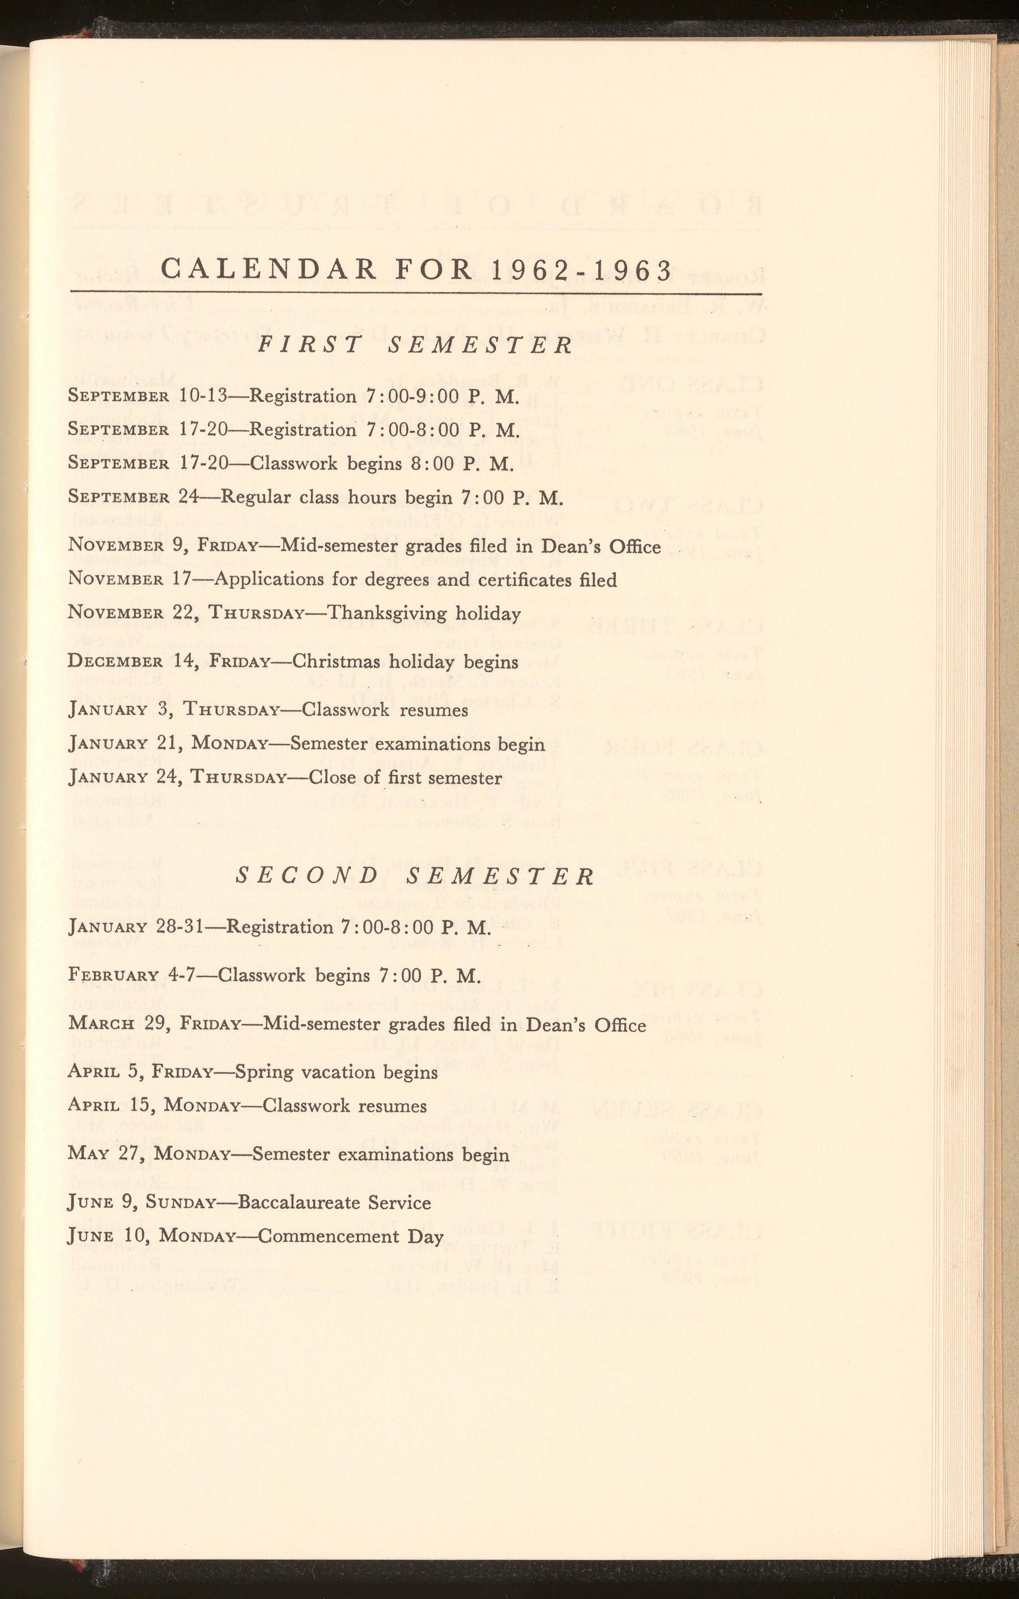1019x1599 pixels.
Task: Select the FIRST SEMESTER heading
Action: pos(415,345)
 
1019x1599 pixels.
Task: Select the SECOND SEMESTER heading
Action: pos(415,877)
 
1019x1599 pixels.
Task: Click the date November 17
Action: pos(130,579)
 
